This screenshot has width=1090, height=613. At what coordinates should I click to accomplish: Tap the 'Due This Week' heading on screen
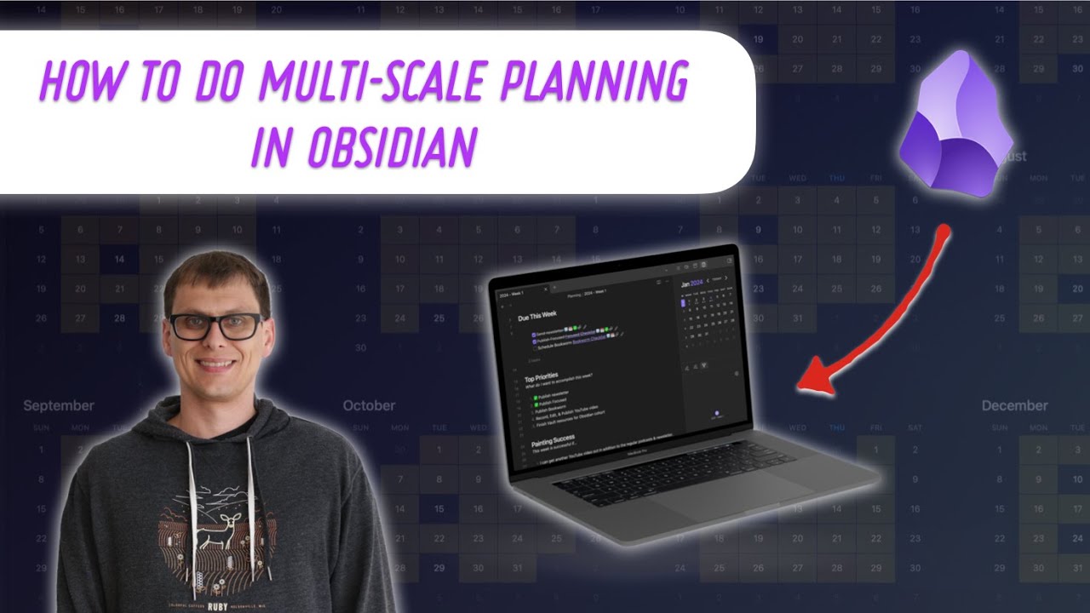(548, 318)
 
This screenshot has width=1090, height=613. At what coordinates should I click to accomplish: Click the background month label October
(369, 406)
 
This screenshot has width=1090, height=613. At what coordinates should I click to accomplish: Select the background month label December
(1014, 406)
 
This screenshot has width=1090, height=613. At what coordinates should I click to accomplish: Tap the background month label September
(59, 406)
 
